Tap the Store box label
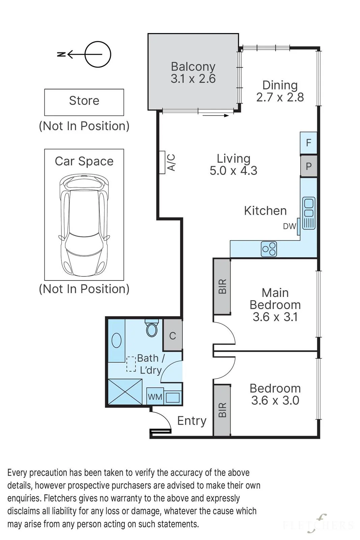84,101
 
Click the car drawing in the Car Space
84,226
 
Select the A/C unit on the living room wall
162,162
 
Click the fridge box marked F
308,143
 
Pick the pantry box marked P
308,166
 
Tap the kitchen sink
309,213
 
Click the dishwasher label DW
289,226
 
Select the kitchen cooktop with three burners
269,249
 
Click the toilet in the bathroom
151,328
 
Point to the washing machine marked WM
155,397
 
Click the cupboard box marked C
172,335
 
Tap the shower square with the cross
125,392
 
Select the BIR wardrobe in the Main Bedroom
222,287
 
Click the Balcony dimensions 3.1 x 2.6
193,79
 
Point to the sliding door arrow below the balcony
216,115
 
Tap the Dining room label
280,85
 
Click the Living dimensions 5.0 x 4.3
233,170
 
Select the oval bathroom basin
117,341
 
